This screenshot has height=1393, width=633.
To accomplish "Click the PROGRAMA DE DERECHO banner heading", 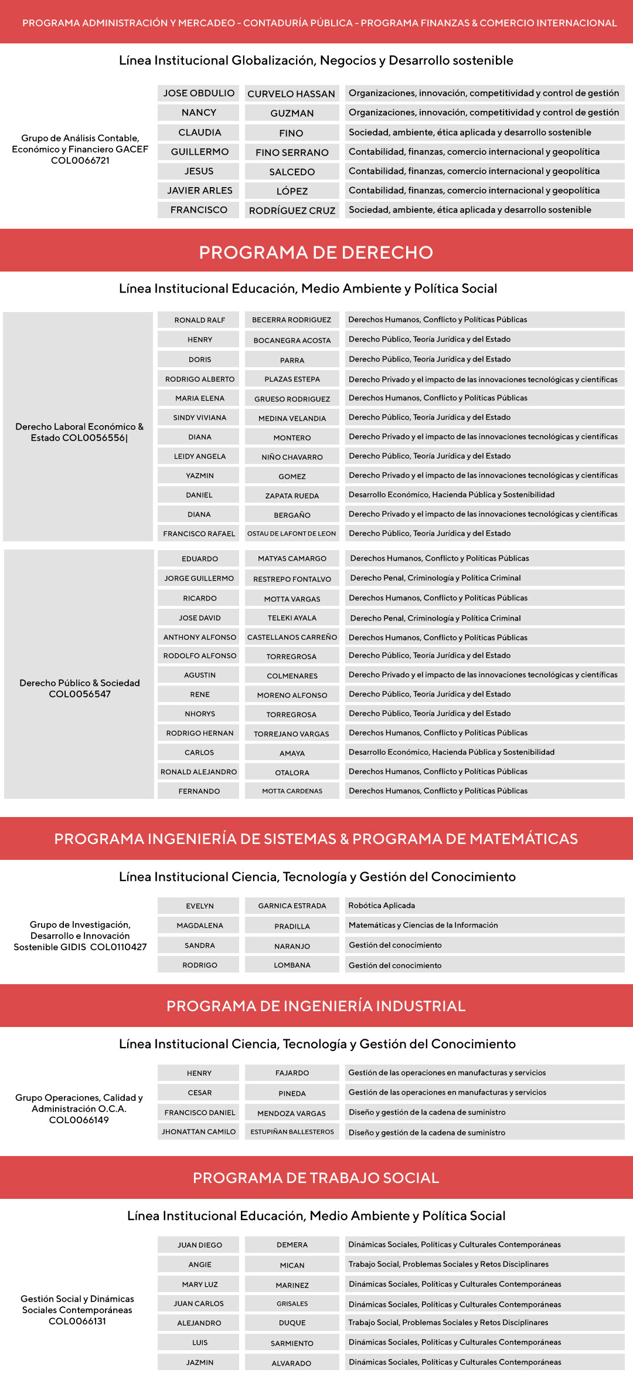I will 316,252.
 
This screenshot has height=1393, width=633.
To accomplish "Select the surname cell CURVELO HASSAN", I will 291,94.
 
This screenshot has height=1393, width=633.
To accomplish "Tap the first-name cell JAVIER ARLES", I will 199,191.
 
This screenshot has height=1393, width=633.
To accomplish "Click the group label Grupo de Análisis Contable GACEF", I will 80,150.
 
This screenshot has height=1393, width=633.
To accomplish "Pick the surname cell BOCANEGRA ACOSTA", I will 292,340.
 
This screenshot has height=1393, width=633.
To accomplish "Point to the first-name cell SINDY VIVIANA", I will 199,418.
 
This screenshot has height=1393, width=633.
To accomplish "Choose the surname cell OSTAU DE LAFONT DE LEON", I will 292,534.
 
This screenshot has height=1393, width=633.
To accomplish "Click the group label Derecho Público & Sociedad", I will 80,689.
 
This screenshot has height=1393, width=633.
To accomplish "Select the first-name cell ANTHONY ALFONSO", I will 199,637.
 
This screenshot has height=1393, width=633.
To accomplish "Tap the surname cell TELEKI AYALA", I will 292,618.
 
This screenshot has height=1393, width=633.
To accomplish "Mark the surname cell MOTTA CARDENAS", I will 292,791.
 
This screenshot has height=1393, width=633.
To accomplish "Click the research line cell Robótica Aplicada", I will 382,906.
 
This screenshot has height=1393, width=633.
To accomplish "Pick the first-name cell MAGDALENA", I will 199,926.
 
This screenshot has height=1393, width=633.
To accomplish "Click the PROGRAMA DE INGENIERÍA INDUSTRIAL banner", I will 316,1006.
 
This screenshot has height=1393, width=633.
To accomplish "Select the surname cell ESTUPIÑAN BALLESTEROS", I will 292,1132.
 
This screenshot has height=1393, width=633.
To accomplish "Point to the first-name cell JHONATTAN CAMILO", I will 199,1132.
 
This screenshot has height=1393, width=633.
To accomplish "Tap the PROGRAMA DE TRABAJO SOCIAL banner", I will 316,1178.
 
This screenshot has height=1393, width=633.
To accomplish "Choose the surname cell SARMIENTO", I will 292,1343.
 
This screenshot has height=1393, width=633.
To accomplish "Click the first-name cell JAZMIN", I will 199,1363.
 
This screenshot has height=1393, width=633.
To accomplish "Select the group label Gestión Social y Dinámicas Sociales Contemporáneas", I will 77,1310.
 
